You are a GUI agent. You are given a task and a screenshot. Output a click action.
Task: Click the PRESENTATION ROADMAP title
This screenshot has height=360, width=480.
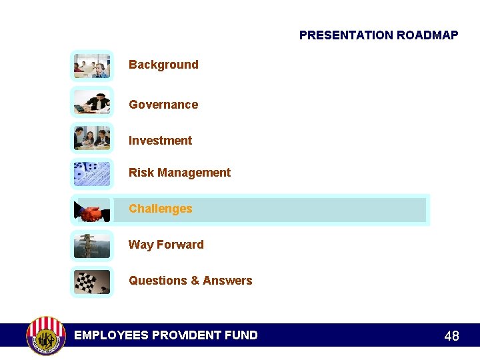379,35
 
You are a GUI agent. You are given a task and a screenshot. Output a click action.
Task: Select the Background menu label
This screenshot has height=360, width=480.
163,65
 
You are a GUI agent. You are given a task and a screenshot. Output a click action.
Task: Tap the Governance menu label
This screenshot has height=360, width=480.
163,105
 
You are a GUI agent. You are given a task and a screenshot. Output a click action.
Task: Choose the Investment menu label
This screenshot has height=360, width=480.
160,141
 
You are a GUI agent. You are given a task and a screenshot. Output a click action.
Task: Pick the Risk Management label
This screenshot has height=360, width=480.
179,173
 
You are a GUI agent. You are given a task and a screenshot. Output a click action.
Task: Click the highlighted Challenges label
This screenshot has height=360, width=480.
160,209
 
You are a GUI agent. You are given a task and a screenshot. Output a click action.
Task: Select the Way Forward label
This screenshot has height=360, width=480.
166,245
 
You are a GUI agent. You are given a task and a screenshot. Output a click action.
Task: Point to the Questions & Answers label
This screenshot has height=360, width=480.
190,281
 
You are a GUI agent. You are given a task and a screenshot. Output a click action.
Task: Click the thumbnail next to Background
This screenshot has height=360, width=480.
92,66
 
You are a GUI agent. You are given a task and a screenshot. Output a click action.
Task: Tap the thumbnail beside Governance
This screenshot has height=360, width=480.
92,103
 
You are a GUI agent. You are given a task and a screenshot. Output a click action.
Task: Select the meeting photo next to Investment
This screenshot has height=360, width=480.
92,138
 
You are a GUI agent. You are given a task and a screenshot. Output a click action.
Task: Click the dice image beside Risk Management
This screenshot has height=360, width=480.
92,174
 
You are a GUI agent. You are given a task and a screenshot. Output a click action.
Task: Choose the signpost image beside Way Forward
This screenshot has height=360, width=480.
92,246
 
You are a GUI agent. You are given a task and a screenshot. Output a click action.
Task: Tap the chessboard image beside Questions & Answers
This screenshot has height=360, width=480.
92,281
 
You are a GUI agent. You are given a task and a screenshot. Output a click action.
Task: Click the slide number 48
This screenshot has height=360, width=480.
451,336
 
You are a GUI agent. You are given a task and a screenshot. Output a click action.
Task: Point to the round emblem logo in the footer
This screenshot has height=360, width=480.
45,335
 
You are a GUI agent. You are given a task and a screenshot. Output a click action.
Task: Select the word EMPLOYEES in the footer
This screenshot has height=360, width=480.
111,335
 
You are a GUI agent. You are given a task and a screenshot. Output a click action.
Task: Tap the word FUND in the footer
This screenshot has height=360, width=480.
241,335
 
